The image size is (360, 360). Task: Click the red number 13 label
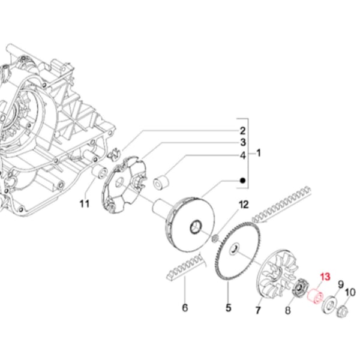[x=325, y=277]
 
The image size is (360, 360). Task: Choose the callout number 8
[x=287, y=310]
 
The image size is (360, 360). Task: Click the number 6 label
[x=185, y=308]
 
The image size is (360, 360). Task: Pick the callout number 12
[x=242, y=206]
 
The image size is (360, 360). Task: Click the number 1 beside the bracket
[x=259, y=153]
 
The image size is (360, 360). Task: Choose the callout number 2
[x=243, y=131]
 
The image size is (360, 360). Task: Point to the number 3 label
[x=243, y=143]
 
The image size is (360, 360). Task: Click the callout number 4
[x=243, y=155]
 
